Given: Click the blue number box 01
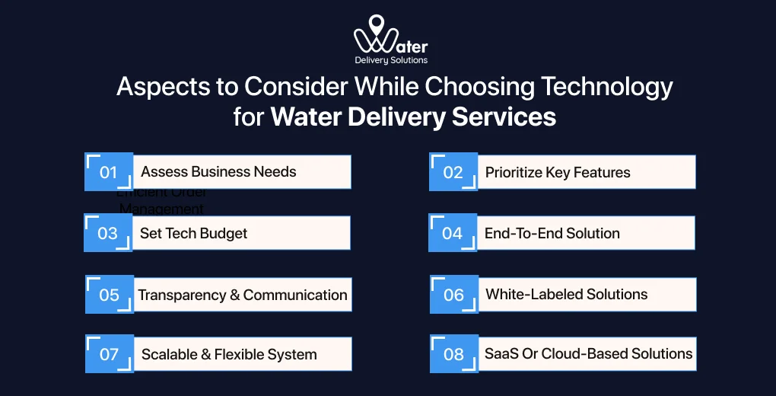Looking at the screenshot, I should [108, 172].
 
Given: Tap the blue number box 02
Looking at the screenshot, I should [453, 172].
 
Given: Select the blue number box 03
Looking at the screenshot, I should [108, 233].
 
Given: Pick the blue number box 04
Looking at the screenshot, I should [452, 233].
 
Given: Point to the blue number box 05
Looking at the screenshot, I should [110, 294].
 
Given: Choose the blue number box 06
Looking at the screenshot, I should [453, 294].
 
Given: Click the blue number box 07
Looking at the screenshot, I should [109, 354].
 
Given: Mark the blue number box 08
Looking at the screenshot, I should [453, 354].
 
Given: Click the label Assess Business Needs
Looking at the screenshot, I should [218, 171].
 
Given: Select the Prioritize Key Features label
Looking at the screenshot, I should [558, 172].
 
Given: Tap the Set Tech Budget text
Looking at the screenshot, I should [193, 233].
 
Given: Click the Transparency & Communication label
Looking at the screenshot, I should [242, 295].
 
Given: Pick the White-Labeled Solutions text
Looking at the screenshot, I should [566, 294].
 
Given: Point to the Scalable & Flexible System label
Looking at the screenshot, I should [229, 354].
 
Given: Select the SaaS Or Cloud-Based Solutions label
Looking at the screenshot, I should [588, 353].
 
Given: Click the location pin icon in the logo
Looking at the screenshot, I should [375, 25].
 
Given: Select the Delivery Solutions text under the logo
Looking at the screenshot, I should [391, 60].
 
